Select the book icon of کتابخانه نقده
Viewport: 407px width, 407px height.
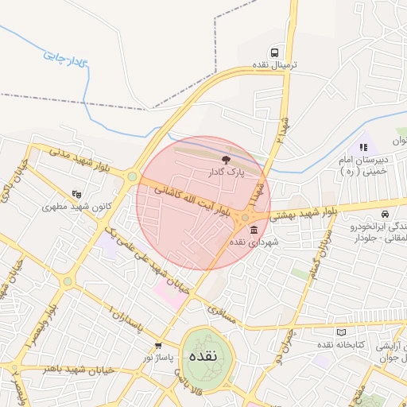point(342,332)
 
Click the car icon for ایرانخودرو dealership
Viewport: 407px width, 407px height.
point(385,215)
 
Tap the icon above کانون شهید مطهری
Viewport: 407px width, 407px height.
point(76,193)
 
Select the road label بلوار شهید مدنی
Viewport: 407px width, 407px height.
point(83,157)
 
